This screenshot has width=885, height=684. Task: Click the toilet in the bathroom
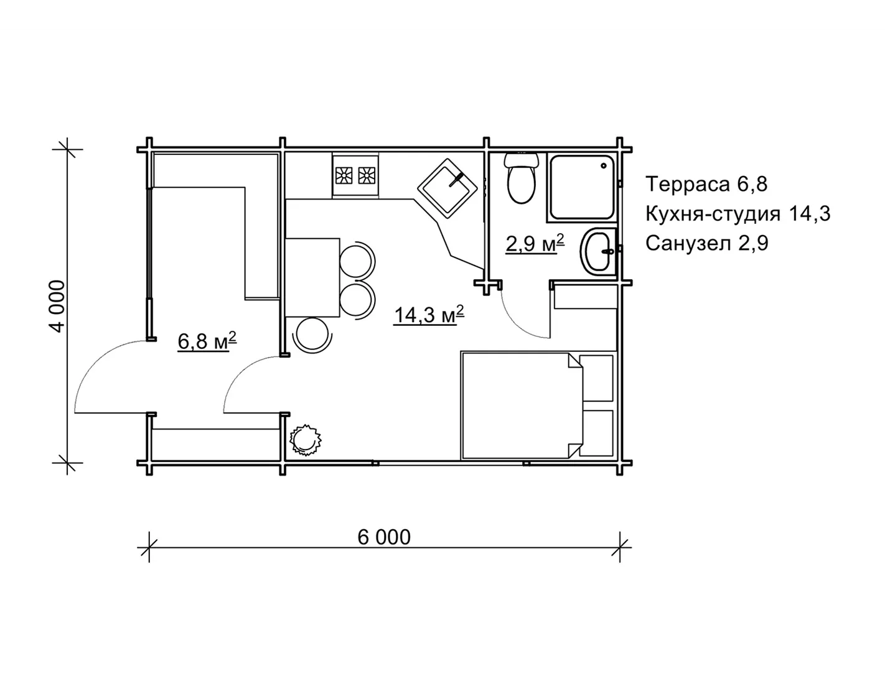coord(522,178)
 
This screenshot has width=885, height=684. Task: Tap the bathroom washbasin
coord(599,251)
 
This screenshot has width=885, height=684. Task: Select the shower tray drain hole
coord(603,165)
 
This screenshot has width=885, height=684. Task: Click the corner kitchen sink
coord(447,188)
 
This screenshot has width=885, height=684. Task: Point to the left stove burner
coord(344,175)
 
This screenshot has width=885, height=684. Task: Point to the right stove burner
coord(367,175)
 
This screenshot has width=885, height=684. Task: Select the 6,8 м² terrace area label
coord(207,341)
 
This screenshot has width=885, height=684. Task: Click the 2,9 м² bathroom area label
coord(535,243)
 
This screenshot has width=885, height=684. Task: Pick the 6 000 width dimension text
coord(384,537)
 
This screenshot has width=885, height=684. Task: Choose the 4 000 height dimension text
coord(59,307)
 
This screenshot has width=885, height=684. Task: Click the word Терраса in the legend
coord(688,184)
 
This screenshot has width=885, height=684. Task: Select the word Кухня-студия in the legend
coord(713,214)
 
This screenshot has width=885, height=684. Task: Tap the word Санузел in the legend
coord(688,244)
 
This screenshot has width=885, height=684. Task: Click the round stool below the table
coord(312,335)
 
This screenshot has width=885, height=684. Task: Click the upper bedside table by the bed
coord(596,378)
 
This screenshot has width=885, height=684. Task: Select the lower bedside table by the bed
coord(596,433)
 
